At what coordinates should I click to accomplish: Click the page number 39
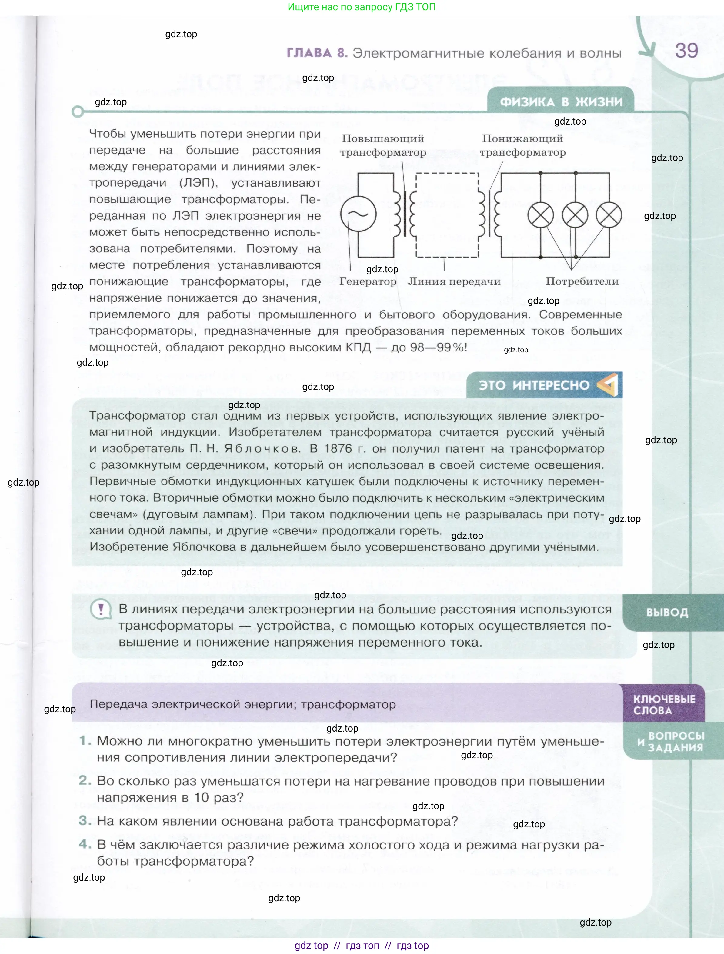click(x=686, y=51)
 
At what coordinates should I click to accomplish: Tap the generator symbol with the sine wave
click(x=358, y=214)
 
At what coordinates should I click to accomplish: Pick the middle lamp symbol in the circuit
click(x=575, y=215)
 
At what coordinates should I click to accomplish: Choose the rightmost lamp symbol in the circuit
click(x=609, y=215)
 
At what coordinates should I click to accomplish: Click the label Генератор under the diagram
click(x=368, y=282)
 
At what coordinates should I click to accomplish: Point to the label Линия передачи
click(x=454, y=282)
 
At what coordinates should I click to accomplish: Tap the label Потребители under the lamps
click(x=582, y=282)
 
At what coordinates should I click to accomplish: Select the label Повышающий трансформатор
click(x=383, y=145)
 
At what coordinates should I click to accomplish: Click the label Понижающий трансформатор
click(x=522, y=145)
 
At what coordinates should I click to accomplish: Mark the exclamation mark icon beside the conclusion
click(x=101, y=610)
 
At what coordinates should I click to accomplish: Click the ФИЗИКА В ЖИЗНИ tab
click(x=561, y=102)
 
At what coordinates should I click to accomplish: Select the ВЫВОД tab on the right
click(x=667, y=613)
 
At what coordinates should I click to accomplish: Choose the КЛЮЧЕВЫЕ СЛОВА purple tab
click(x=664, y=704)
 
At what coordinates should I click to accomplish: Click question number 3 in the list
click(x=85, y=821)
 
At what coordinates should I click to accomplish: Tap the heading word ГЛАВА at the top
click(x=309, y=53)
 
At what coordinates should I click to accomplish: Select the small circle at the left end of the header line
click(x=78, y=112)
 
